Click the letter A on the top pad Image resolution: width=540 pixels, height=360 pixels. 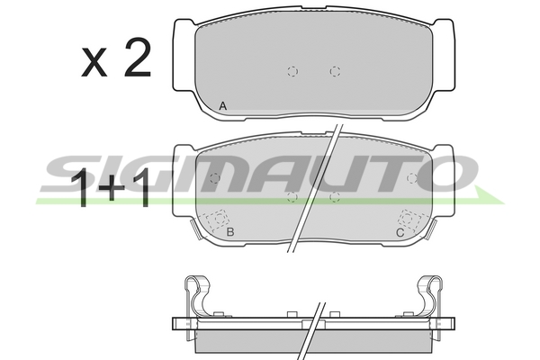click(x=223, y=106)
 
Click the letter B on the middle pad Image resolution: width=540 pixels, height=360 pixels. click(x=230, y=232)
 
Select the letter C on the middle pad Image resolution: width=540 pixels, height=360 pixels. click(x=400, y=233)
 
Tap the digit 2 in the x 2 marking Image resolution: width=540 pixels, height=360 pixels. click(x=138, y=58)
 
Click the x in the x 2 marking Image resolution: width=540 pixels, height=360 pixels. click(x=94, y=62)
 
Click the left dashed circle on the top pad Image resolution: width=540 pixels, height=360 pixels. click(x=292, y=71)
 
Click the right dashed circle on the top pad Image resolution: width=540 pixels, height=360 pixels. click(x=335, y=71)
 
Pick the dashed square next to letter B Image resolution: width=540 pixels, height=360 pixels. click(x=217, y=220)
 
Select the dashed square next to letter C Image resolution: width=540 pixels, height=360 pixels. click(x=409, y=220)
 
